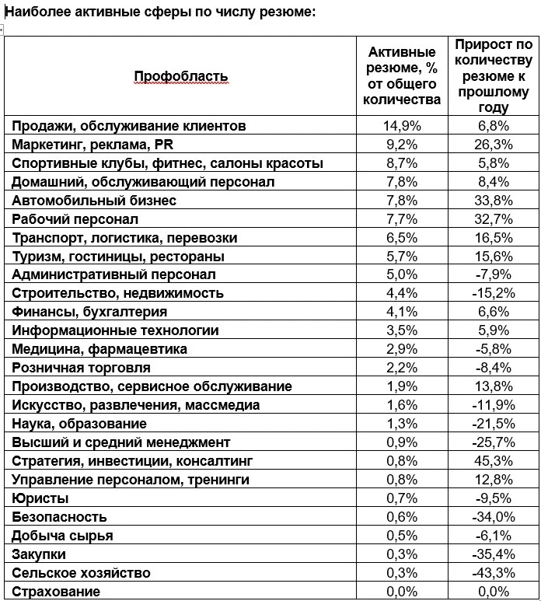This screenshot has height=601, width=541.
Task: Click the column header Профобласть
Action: pos(181,76)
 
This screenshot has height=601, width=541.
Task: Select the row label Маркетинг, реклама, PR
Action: pos(92,145)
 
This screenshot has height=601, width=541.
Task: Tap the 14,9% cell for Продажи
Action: pos(401,126)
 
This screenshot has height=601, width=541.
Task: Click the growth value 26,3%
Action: pos(493,145)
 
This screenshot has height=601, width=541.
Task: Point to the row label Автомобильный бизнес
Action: pos(94,201)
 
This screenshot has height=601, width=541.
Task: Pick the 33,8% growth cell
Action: pos(493,201)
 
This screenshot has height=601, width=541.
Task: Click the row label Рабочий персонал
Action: pos(75,219)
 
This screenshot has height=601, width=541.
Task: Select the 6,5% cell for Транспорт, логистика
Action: pos(401,238)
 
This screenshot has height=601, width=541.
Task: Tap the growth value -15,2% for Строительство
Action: pos(493,293)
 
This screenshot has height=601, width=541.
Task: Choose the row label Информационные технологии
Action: pos(116,330)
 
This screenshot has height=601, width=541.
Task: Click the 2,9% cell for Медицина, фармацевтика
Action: pos(401,349)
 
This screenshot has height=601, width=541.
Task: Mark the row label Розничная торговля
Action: pos(81,368)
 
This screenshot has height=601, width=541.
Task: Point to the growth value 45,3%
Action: pos(493,461)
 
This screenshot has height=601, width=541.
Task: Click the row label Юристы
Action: pos(40,498)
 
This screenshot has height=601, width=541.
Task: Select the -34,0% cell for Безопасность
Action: pos(493,517)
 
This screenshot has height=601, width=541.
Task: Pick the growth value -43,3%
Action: pos(493,573)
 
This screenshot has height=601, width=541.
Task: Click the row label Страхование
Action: pos(56,592)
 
